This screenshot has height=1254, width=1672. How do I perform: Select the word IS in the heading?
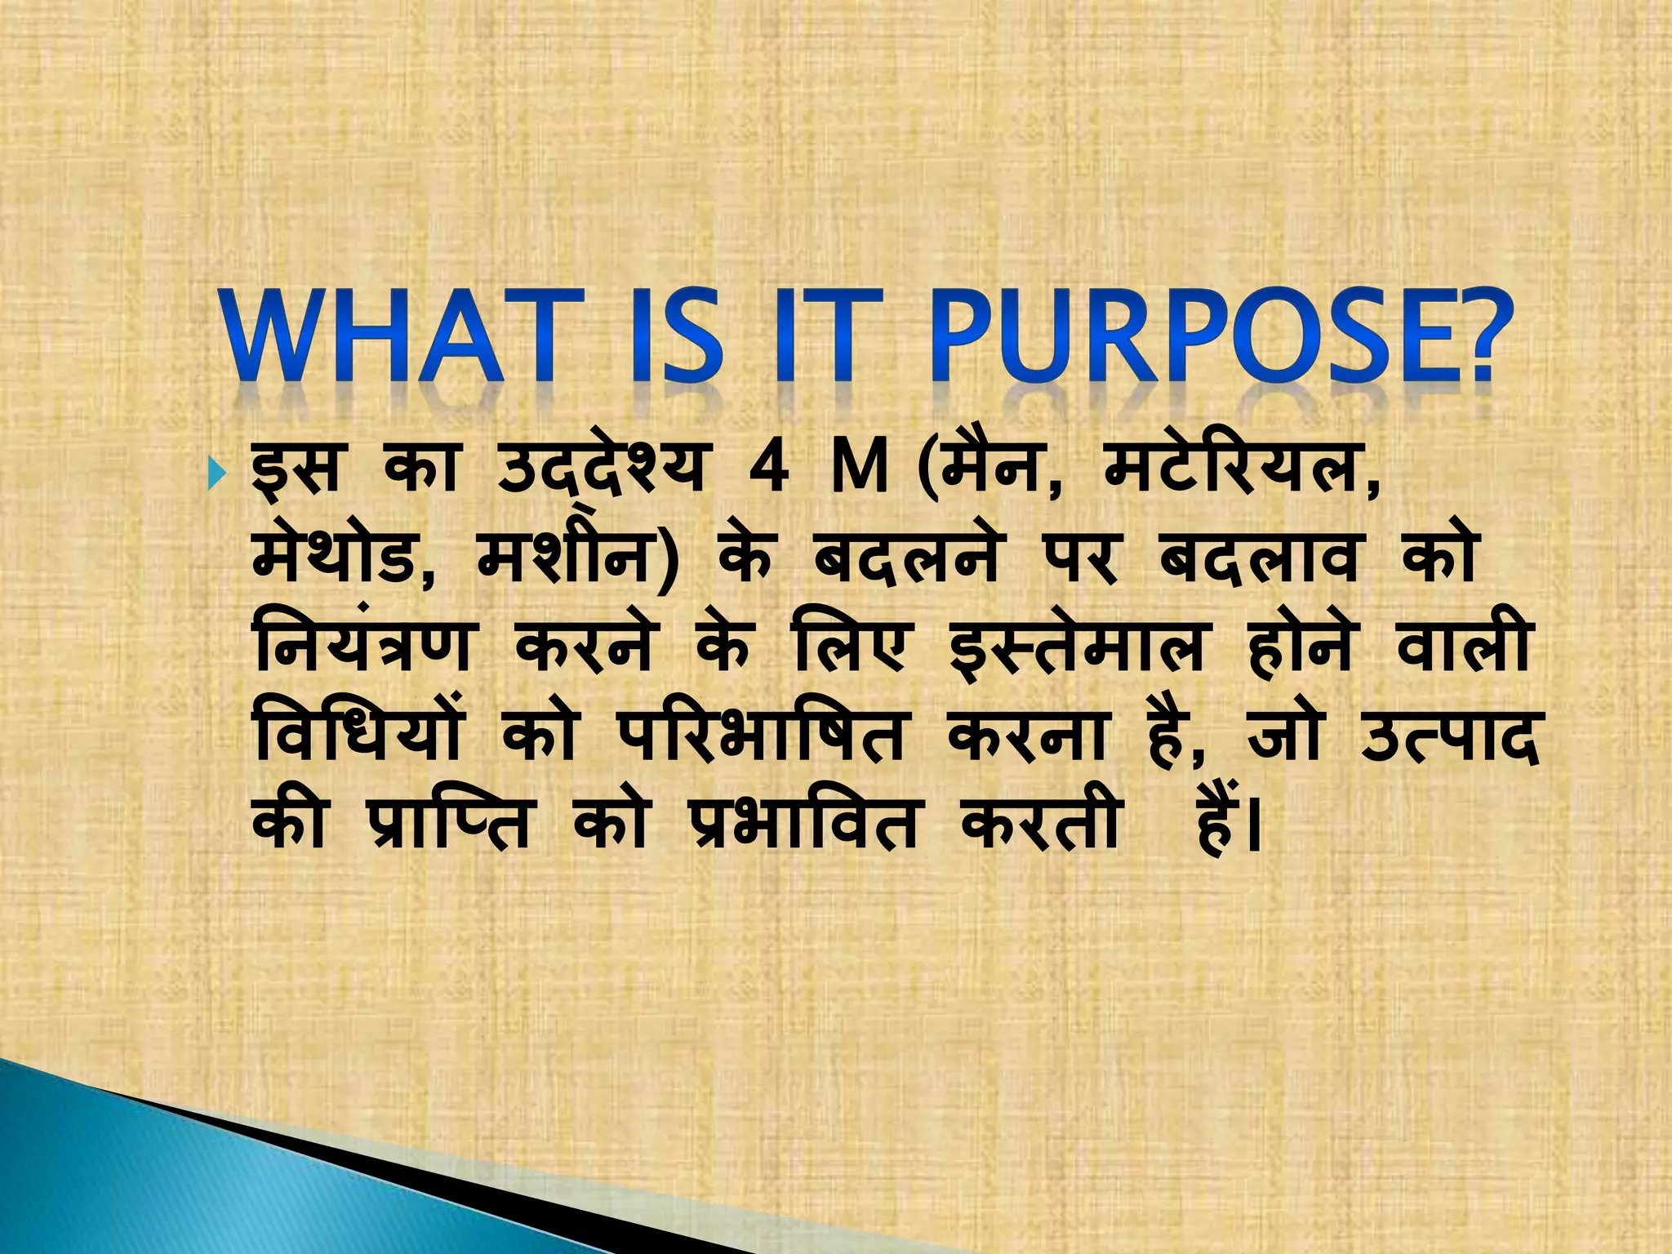(678, 336)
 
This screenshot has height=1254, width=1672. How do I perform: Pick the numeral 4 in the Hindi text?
(768, 471)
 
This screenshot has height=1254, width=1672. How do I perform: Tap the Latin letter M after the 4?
(856, 471)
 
